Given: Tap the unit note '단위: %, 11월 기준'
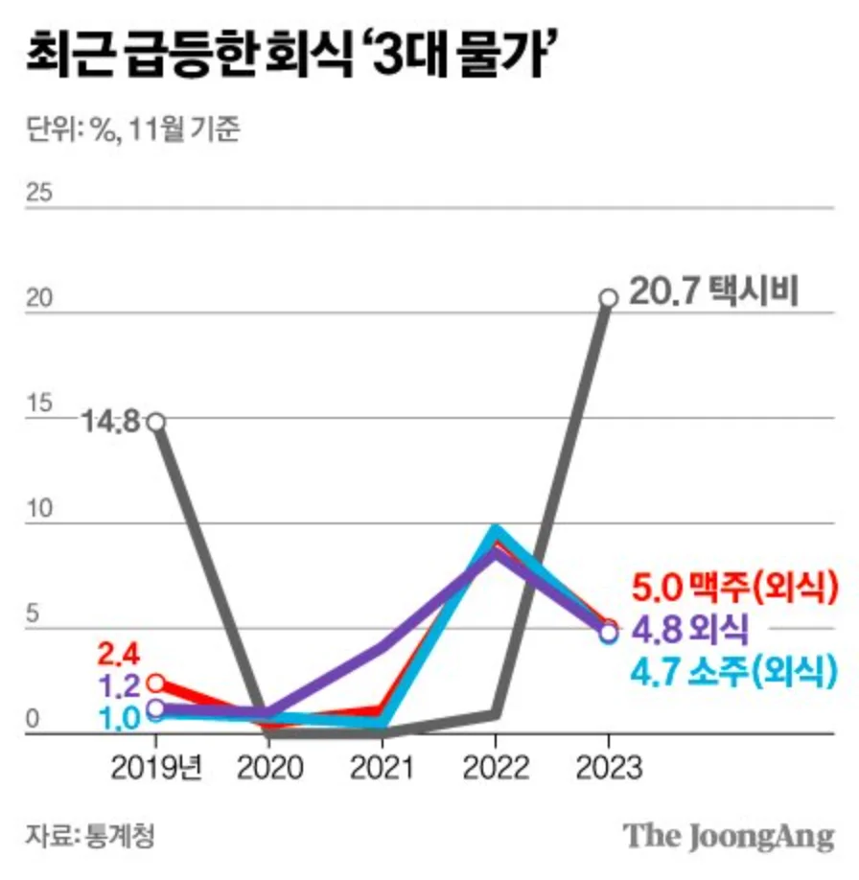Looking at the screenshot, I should tap(133, 128).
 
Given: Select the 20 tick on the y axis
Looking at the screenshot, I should tap(38, 298).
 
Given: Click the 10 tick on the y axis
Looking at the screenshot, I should tap(38, 510).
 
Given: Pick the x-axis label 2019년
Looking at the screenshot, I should tap(156, 768).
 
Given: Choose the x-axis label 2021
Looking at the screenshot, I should tap(382, 768).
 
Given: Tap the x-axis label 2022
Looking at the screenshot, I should tap(495, 768).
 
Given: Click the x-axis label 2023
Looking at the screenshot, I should tap(608, 768).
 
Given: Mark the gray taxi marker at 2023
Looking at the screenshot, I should tap(608, 297).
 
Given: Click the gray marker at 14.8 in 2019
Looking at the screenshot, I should tap(155, 422).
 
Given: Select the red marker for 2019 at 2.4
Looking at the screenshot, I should tap(155, 683).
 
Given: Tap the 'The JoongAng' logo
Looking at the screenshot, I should tap(729, 835).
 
